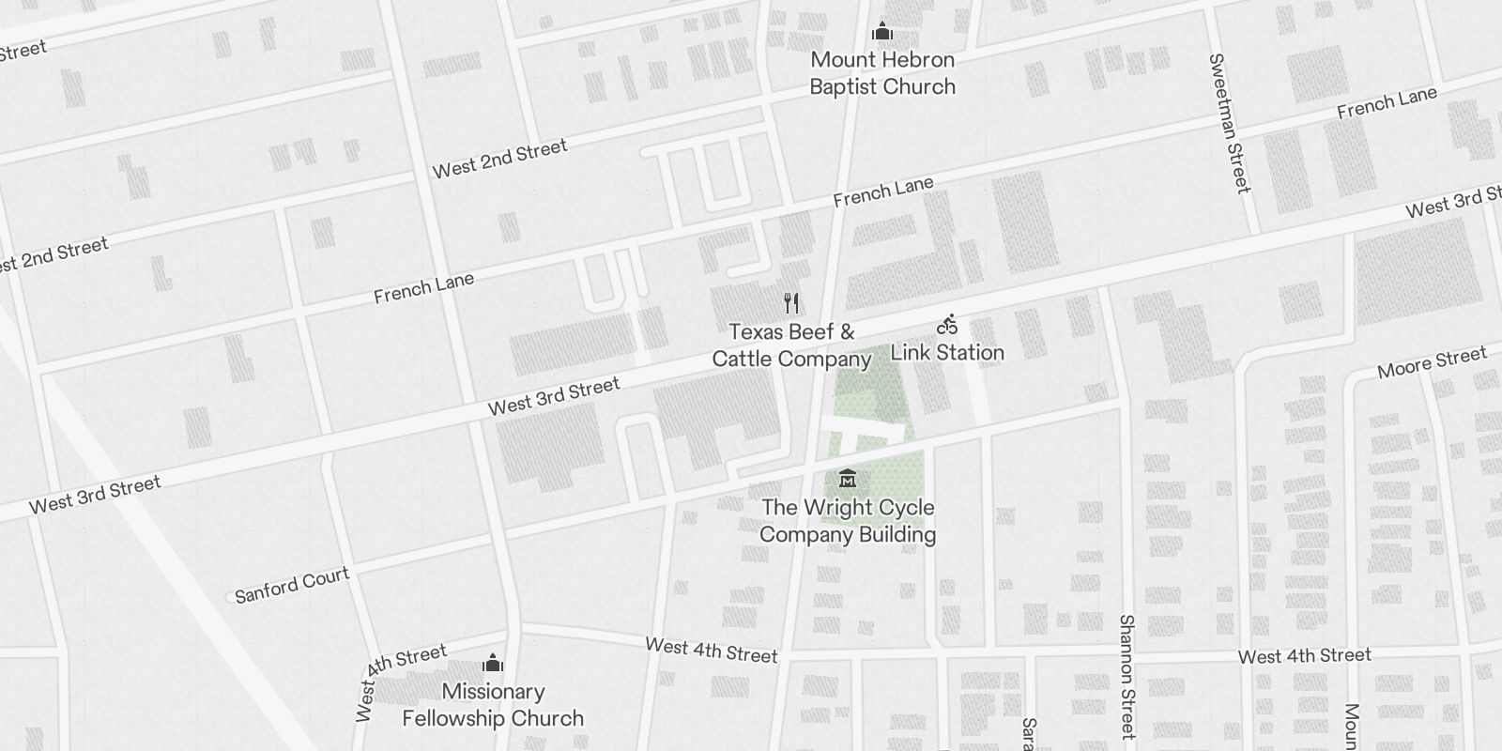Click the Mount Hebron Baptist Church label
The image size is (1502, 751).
click(882, 73)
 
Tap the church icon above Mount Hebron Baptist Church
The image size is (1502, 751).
click(881, 33)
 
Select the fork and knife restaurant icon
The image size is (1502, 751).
click(791, 302)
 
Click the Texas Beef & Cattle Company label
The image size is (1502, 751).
click(792, 345)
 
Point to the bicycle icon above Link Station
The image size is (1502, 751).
click(947, 325)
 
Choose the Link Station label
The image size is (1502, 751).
click(947, 353)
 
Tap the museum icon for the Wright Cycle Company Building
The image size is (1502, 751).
click(848, 478)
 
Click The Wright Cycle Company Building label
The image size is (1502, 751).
click(848, 521)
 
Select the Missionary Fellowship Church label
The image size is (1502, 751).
click(493, 705)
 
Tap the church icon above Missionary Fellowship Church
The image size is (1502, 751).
click(493, 665)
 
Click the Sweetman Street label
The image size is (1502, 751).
click(1230, 124)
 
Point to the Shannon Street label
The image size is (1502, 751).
click(1127, 676)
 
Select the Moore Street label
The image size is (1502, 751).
click(1432, 361)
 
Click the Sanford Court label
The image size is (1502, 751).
click(292, 585)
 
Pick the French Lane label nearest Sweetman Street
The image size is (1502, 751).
click(1387, 102)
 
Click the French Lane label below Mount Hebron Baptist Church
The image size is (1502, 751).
click(883, 192)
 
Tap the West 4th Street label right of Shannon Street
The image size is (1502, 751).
click(1304, 655)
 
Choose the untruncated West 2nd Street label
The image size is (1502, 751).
click(499, 158)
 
